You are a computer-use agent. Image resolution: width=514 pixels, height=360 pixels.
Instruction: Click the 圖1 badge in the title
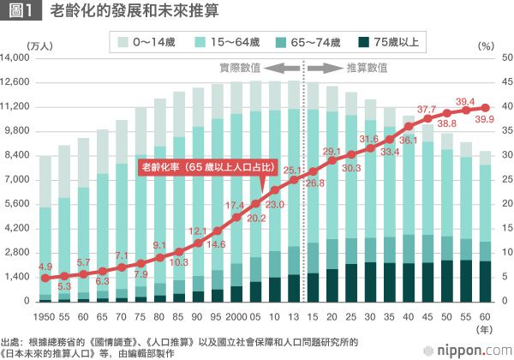click(x=21, y=13)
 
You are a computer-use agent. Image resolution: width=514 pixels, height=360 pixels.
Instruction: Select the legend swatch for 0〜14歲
click(x=123, y=40)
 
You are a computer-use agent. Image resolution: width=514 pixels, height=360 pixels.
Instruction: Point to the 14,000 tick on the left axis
click(x=16, y=57)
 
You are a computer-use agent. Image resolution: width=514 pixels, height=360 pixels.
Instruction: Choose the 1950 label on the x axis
click(x=45, y=314)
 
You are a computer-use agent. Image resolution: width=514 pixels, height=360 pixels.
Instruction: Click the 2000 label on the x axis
click(x=236, y=314)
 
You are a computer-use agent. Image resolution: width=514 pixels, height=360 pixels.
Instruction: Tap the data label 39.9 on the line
click(x=485, y=119)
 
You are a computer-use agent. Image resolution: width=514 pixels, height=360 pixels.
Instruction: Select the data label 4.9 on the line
click(x=45, y=267)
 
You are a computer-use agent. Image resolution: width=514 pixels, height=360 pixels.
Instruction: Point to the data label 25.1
click(x=293, y=170)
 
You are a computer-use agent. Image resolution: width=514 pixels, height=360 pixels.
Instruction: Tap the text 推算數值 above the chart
click(x=366, y=68)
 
